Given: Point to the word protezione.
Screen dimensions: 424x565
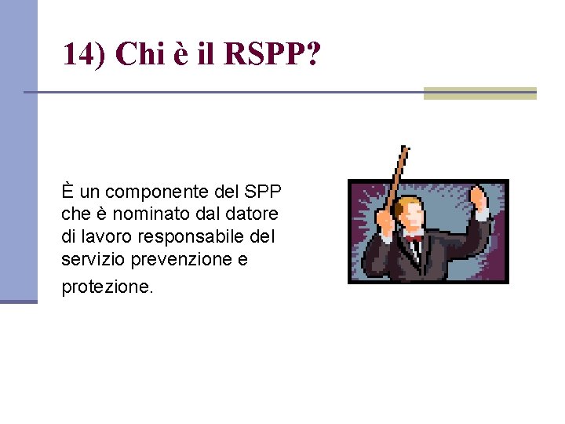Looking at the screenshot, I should [x=107, y=287].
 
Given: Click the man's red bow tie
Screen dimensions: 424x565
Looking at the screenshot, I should [x=413, y=237].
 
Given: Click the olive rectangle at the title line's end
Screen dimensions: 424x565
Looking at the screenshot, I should [x=479, y=93].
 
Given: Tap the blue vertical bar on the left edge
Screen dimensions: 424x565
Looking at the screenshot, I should [x=18, y=149].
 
